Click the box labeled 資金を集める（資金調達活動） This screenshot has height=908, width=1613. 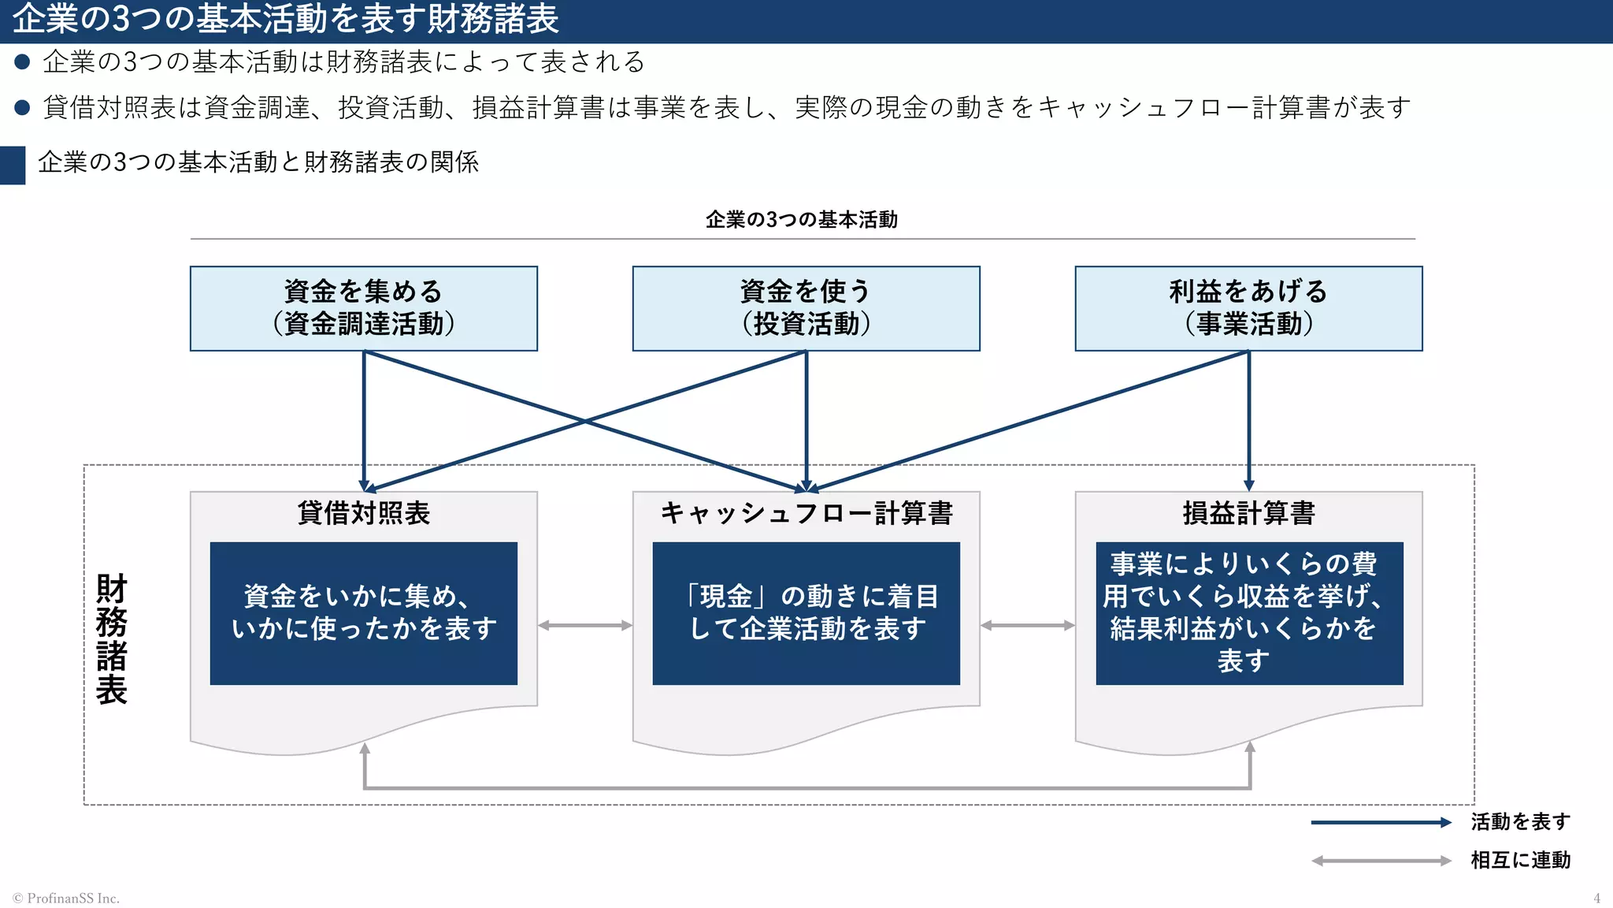[x=363, y=308]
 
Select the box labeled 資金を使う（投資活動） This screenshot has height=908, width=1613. [x=806, y=308]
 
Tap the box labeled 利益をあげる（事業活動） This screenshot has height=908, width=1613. [x=1248, y=308]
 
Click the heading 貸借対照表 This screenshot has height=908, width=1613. [x=363, y=513]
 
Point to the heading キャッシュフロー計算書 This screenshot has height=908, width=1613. [x=806, y=513]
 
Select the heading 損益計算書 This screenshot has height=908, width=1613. [x=1248, y=513]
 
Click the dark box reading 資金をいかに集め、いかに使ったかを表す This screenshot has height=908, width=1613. [x=363, y=612]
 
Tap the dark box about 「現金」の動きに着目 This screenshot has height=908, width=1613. [x=806, y=612]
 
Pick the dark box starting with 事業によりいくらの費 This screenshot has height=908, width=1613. [x=1249, y=612]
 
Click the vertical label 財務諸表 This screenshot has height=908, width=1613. [x=111, y=638]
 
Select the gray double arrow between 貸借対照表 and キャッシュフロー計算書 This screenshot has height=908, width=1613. [x=585, y=626]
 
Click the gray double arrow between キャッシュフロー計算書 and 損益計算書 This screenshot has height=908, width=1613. [x=1028, y=626]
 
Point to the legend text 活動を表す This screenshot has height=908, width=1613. [x=1520, y=822]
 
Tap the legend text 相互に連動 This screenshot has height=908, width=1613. [x=1520, y=860]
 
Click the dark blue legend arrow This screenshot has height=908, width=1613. [x=1380, y=823]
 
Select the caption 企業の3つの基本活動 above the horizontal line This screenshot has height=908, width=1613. [x=801, y=220]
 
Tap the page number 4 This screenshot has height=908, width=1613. [x=1596, y=899]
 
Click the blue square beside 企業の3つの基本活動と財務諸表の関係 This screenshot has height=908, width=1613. [x=13, y=165]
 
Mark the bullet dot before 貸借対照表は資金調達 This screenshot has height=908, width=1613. [x=22, y=107]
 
